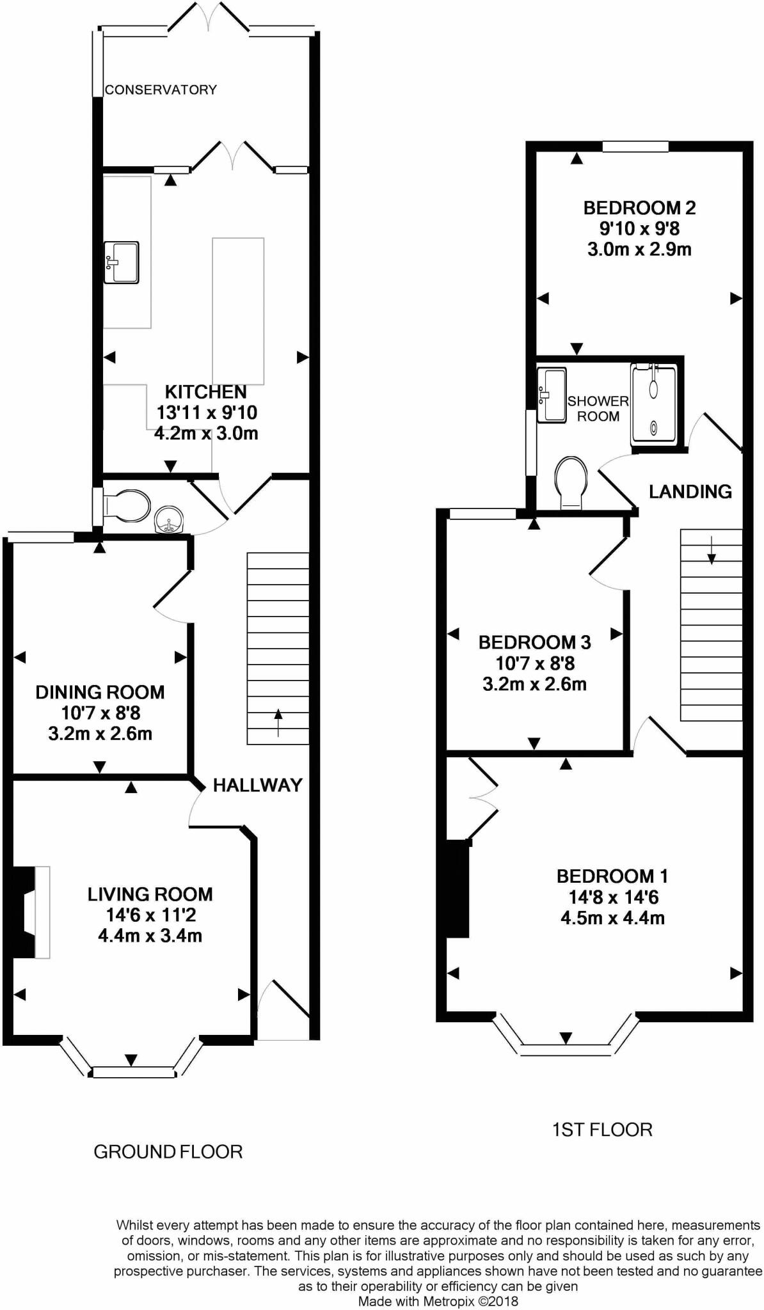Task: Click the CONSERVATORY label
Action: [x=161, y=90]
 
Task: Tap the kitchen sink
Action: [x=122, y=262]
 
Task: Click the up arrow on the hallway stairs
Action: [x=278, y=723]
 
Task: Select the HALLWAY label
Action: [x=257, y=785]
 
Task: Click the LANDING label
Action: [x=690, y=491]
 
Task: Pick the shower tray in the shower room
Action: [x=653, y=404]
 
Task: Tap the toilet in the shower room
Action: [x=571, y=481]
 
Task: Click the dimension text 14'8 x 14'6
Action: [x=613, y=897]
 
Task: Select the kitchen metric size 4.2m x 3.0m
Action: [x=206, y=433]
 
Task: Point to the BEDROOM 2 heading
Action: [x=639, y=208]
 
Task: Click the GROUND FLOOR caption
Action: [x=168, y=1152]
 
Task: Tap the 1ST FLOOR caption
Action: [x=601, y=1130]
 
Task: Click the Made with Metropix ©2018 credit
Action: [x=438, y=1301]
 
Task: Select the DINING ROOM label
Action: [x=100, y=691]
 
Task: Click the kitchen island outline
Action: [x=238, y=307]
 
